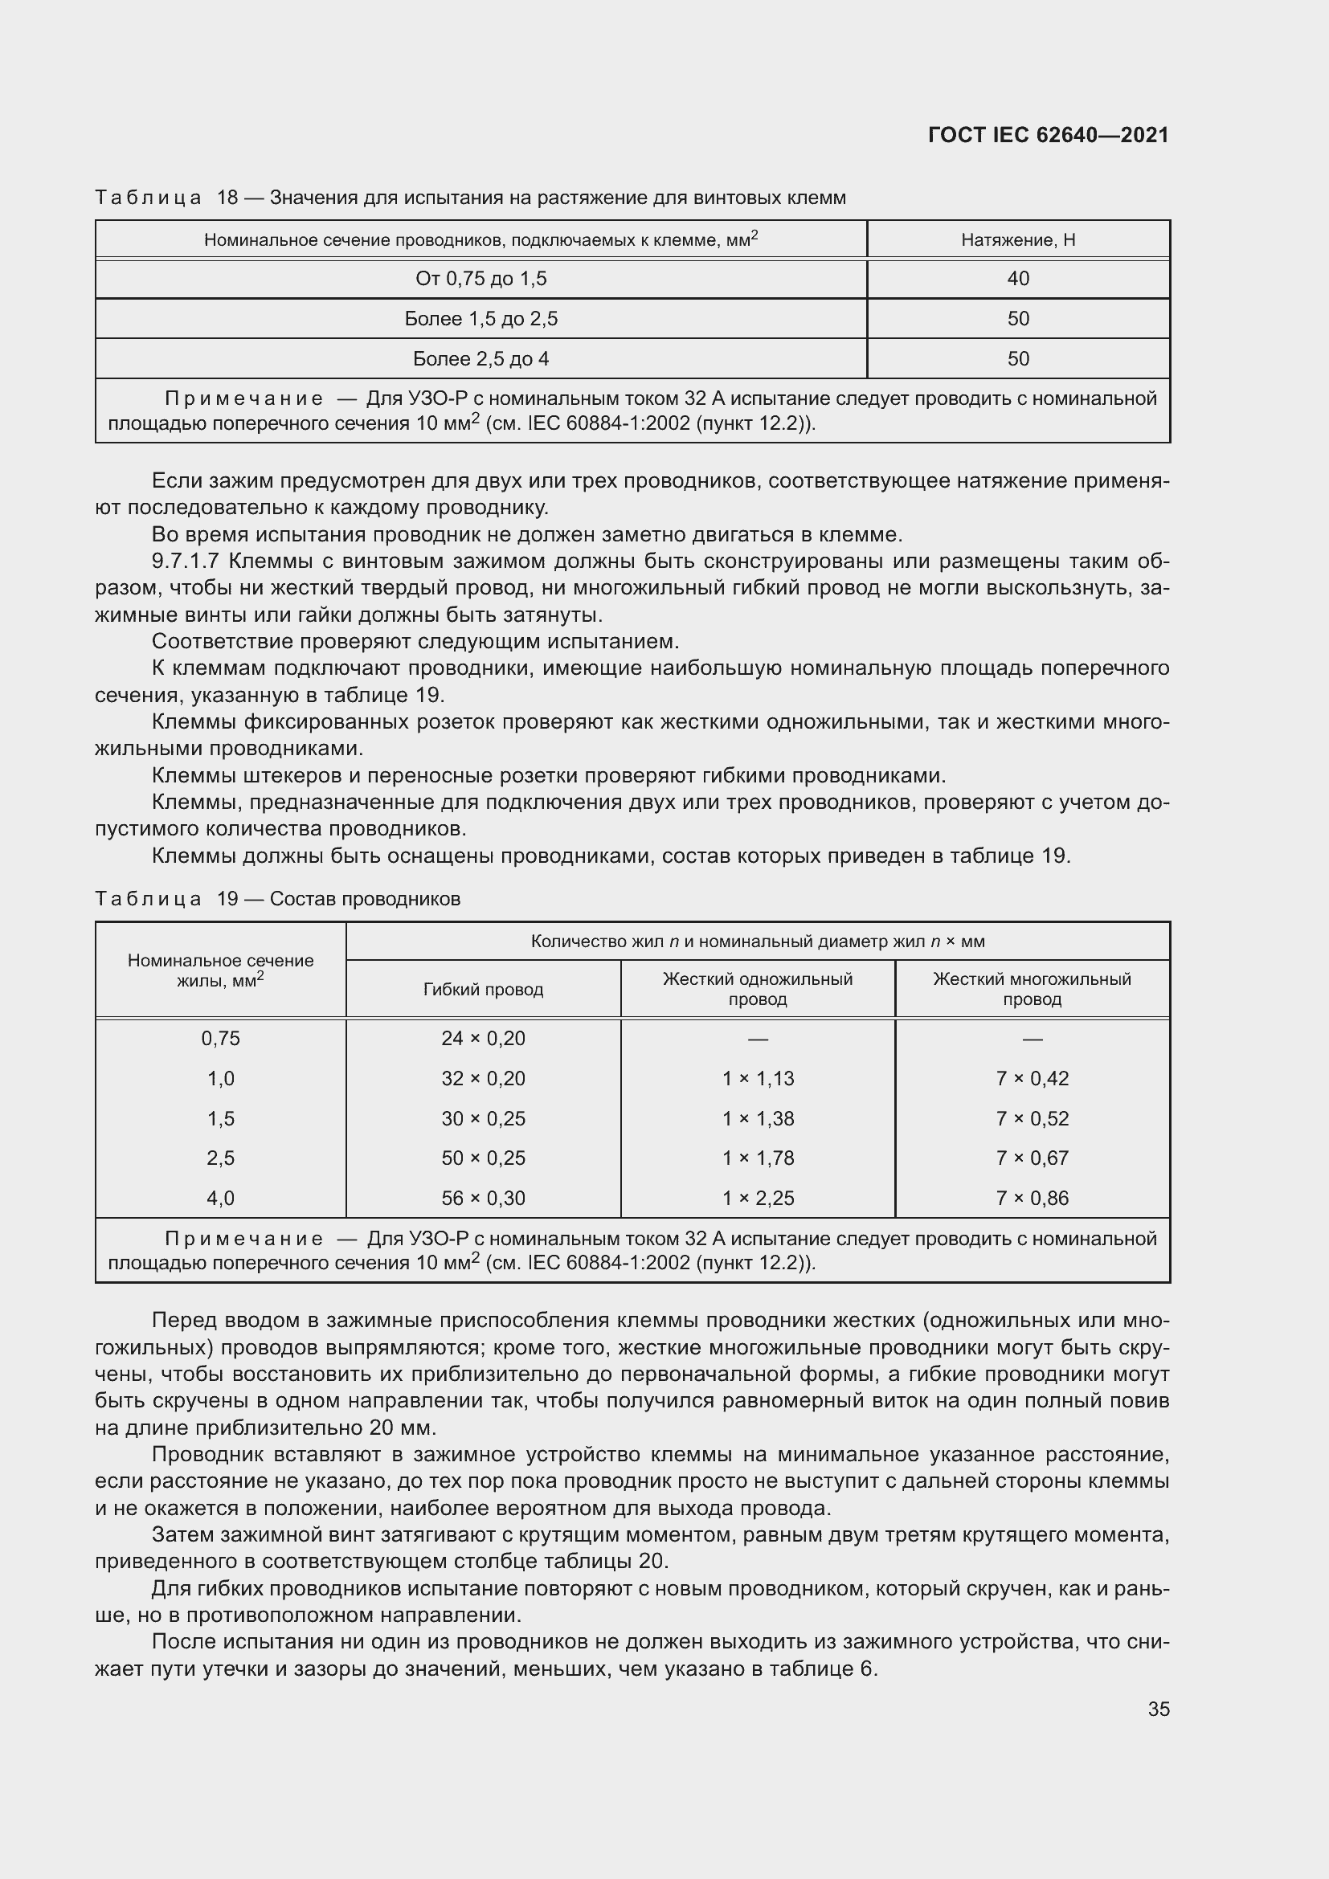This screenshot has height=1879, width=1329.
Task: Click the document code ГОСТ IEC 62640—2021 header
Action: click(1049, 135)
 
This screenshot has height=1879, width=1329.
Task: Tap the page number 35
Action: click(1158, 1709)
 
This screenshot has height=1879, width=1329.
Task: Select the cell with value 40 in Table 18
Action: click(1017, 279)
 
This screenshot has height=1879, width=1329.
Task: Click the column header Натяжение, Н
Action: click(1017, 239)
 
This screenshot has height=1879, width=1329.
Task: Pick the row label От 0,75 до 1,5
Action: click(480, 279)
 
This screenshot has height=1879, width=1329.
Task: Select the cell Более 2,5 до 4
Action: click(480, 358)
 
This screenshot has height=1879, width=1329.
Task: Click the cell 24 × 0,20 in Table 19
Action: click(483, 1039)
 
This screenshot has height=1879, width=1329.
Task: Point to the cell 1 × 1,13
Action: click(758, 1079)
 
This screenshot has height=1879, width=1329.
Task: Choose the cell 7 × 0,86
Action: click(1032, 1198)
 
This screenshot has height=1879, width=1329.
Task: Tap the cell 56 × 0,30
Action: click(483, 1198)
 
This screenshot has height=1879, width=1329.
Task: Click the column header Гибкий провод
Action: click(483, 990)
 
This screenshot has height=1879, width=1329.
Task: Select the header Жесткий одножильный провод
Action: click(758, 989)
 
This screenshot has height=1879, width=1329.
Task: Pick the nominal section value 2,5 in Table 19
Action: click(221, 1158)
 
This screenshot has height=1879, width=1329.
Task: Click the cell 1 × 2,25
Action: click(758, 1198)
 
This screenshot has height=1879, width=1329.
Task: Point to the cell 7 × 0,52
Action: click(1032, 1119)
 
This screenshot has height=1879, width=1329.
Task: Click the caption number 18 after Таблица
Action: click(227, 198)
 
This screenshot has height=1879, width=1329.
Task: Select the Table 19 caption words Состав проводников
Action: click(365, 899)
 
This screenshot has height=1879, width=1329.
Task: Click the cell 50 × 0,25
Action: click(483, 1158)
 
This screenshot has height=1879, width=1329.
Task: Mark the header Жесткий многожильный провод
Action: click(1032, 989)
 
